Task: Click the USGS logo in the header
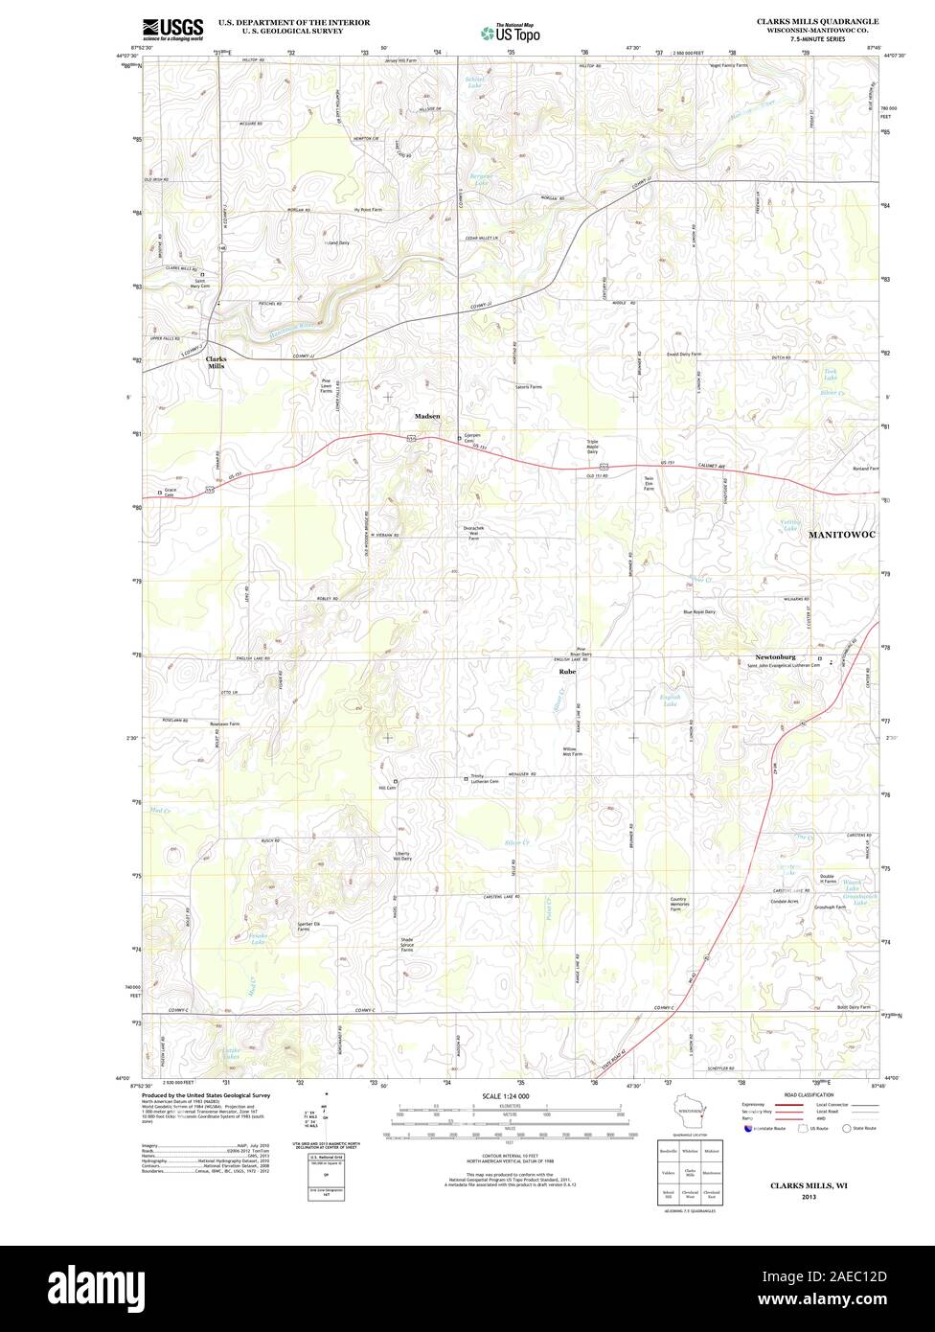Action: [x=173, y=29]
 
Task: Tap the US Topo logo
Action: [x=512, y=33]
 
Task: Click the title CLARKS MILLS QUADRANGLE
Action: [x=817, y=20]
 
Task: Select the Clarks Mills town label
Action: [x=217, y=362]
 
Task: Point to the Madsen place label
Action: [x=427, y=417]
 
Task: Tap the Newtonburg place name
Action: [x=775, y=657]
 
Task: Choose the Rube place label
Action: [x=567, y=672]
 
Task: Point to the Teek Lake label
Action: [x=830, y=376]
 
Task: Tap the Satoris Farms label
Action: [x=528, y=387]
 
